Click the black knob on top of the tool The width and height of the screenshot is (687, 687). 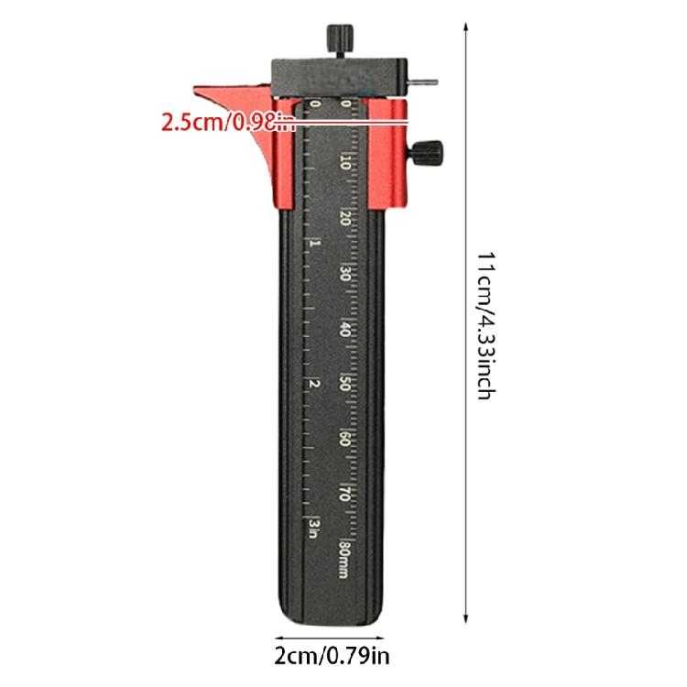point(340,38)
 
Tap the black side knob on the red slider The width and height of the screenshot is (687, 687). point(427,153)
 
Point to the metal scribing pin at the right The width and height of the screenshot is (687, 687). point(422,82)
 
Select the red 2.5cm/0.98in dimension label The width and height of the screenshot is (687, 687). point(228,122)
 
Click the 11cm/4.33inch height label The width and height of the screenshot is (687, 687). point(485,325)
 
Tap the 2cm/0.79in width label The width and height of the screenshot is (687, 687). point(332,656)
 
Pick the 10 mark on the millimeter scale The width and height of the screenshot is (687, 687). point(345,163)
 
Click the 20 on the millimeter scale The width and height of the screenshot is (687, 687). point(345,218)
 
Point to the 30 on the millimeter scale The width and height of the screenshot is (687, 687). point(345,274)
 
